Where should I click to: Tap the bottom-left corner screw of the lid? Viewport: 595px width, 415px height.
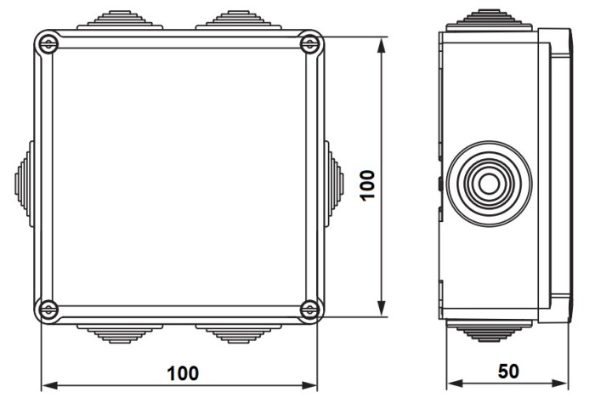point(48,310)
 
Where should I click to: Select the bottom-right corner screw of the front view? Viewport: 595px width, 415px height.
point(310,310)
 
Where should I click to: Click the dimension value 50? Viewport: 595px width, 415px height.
point(508,372)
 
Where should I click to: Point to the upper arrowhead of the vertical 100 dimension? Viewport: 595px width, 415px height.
point(382,43)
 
